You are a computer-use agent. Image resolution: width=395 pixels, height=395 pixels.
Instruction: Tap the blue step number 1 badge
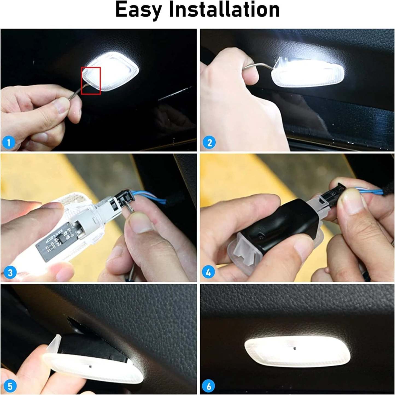coord(8,142)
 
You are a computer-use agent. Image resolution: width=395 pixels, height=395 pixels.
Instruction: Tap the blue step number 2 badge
coord(209,142)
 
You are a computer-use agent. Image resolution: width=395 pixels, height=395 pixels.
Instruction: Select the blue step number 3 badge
coord(10,273)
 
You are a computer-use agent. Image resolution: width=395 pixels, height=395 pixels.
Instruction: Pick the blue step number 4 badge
coord(208,272)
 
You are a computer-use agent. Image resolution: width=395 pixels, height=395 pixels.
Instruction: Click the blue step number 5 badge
coord(10,386)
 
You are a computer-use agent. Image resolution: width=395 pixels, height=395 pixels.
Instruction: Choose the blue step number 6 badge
coord(209,386)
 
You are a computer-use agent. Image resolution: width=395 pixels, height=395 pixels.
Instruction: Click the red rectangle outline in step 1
coord(91,81)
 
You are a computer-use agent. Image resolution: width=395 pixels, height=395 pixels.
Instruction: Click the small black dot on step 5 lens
coord(90,366)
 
